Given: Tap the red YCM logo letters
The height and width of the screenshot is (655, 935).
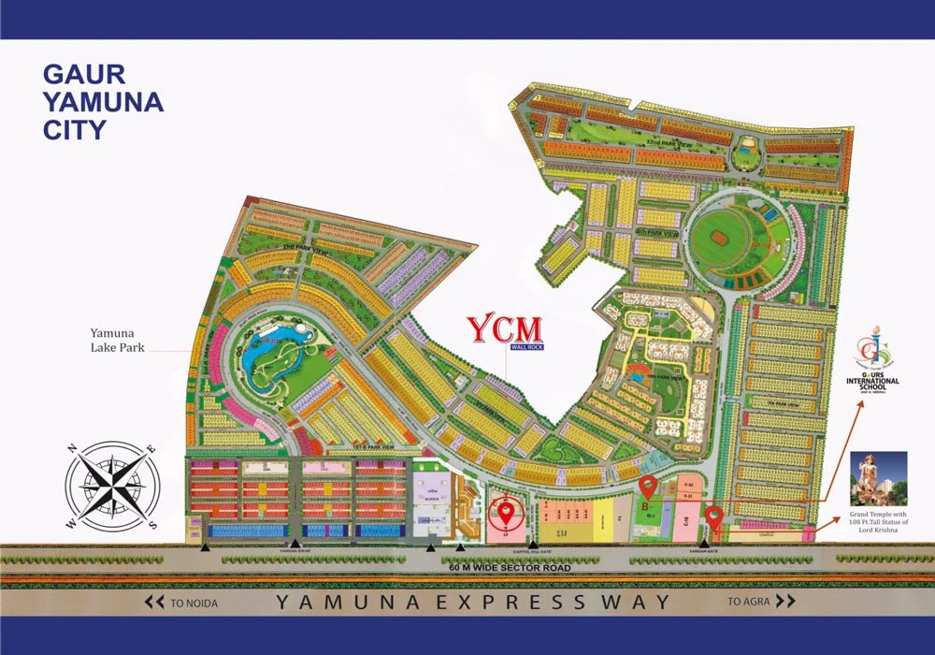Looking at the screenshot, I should [504, 329].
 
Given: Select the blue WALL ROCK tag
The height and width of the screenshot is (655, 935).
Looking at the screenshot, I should [526, 347].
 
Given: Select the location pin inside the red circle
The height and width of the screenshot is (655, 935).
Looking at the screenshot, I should [507, 512].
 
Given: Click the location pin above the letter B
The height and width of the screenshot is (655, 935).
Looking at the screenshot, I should [647, 488].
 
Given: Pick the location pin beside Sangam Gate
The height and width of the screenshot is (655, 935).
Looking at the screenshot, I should [714, 516].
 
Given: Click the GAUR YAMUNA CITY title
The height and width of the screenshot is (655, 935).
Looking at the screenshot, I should [103, 102].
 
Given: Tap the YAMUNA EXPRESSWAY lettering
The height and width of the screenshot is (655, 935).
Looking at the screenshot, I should [472, 603].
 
